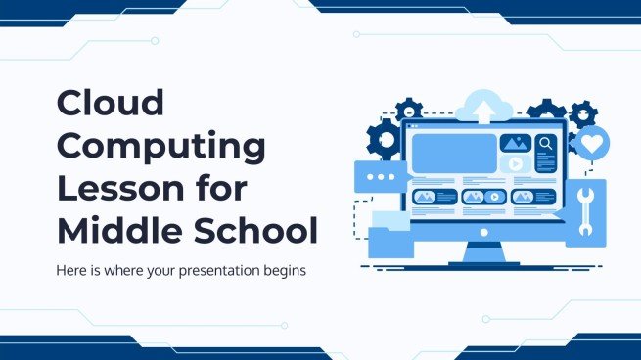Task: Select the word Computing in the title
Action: click(x=161, y=148)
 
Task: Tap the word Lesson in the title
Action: click(x=122, y=190)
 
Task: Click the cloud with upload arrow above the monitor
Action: click(x=482, y=104)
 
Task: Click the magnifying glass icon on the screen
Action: click(x=546, y=145)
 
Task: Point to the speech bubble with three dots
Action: click(x=377, y=177)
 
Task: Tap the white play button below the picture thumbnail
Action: click(x=516, y=164)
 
